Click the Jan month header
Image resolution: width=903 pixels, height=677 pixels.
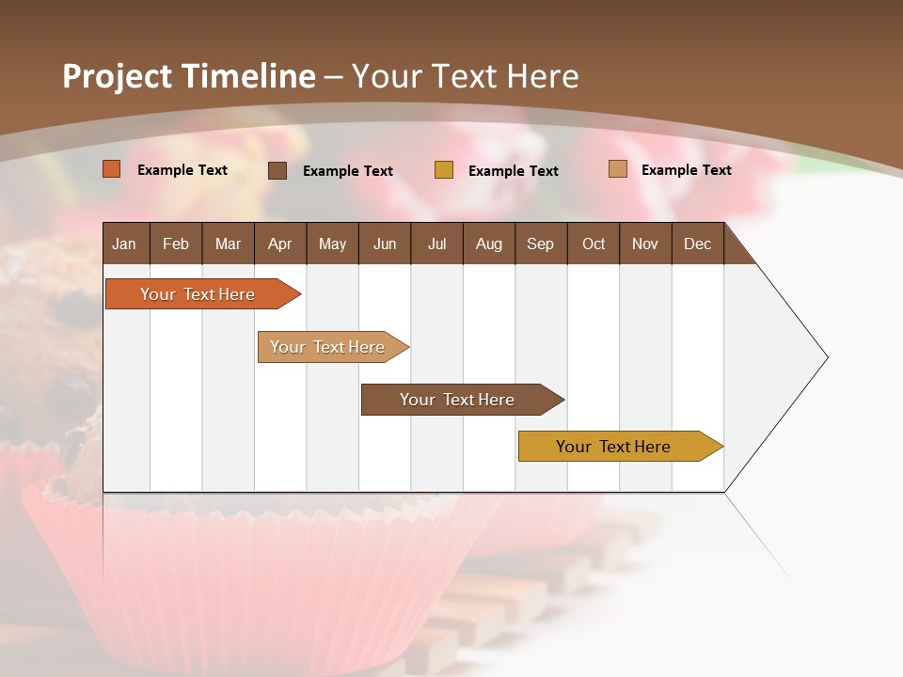pyautogui.click(x=125, y=244)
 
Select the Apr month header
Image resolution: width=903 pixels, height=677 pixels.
pyautogui.click(x=279, y=244)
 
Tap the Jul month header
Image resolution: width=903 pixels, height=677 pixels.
pyautogui.click(x=436, y=244)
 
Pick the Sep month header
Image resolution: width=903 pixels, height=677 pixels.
pyautogui.click(x=540, y=244)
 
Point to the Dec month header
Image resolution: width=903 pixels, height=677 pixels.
pyautogui.click(x=697, y=244)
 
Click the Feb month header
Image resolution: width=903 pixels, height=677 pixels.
pyautogui.click(x=176, y=244)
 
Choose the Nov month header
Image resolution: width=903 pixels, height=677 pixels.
pyautogui.click(x=644, y=244)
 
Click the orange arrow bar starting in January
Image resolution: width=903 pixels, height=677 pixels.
pyautogui.click(x=198, y=294)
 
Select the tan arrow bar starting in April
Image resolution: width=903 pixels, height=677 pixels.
pyautogui.click(x=327, y=347)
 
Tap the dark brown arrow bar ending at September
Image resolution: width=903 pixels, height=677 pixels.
pyautogui.click(x=457, y=400)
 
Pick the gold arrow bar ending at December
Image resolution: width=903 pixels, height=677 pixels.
pyautogui.click(x=614, y=447)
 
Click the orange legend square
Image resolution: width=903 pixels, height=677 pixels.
pyautogui.click(x=111, y=169)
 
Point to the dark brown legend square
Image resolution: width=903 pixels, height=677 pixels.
pyautogui.click(x=277, y=170)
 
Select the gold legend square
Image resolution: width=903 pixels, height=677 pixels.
pyautogui.click(x=443, y=170)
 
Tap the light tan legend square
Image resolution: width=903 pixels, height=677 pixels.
pyautogui.click(x=617, y=169)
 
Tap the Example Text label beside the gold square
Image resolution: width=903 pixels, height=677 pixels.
pyautogui.click(x=513, y=170)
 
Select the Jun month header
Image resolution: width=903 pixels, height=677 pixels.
pyautogui.click(x=384, y=244)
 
